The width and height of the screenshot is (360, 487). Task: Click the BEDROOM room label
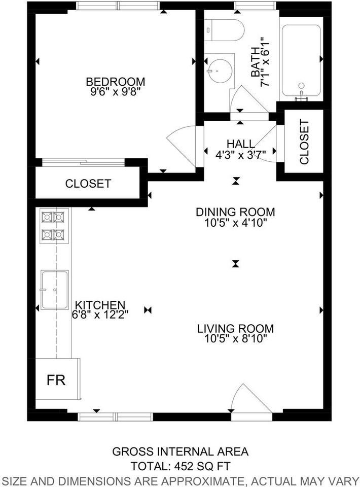pos(116,82)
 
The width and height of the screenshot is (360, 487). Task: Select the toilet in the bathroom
pos(221,29)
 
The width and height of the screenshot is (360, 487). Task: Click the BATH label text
pos(257,64)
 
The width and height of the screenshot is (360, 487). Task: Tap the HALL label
pos(241,145)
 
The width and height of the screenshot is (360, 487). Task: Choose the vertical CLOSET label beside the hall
pos(304,142)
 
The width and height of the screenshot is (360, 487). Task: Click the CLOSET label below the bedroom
pos(88,184)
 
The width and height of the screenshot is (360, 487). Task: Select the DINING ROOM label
pos(235,212)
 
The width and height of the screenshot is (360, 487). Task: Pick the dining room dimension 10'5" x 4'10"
pos(235,222)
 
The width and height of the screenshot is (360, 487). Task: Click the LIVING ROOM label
pos(235,329)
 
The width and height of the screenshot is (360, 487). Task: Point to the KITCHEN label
pos(100,305)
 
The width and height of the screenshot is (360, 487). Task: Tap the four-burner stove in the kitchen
pos(53,226)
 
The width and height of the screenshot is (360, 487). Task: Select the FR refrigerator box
pos(56,380)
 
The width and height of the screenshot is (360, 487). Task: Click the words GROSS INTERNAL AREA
pos(180,451)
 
